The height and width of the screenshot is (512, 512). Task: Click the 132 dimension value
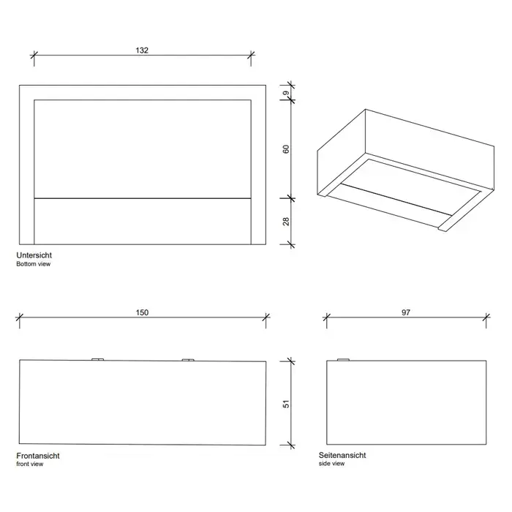(142, 50)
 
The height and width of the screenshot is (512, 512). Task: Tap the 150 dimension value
(142, 312)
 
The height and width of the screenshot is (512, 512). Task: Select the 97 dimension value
(406, 312)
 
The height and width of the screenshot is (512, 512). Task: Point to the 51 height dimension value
(286, 404)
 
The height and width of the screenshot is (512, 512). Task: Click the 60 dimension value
(286, 149)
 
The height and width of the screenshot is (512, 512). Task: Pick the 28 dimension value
(286, 222)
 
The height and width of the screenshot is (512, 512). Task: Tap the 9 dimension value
(286, 93)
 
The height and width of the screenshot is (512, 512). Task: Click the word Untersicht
(34, 255)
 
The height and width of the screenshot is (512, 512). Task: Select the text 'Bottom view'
(34, 264)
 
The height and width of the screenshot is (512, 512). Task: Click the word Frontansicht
(38, 456)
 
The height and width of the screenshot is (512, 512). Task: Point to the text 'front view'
(30, 464)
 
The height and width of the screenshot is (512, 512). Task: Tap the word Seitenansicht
(342, 455)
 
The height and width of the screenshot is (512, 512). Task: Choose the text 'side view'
(331, 463)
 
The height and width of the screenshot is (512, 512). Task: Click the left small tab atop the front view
(97, 360)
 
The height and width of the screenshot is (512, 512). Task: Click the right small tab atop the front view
(188, 360)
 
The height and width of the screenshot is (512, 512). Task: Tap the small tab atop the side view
(343, 360)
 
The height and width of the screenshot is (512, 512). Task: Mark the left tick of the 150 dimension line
(20, 317)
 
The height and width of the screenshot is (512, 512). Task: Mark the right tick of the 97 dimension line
(486, 317)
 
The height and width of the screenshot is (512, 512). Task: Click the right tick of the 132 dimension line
(251, 55)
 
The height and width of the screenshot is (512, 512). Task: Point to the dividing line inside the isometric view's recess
(396, 200)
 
